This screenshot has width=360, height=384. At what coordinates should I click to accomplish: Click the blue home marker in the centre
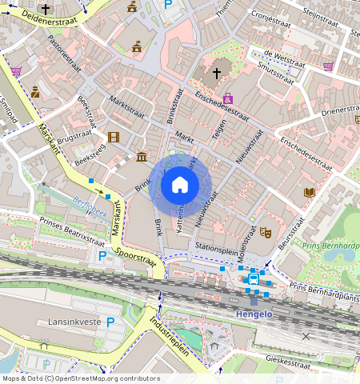point(180,185)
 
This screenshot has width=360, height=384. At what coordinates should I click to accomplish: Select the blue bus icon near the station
point(254,278)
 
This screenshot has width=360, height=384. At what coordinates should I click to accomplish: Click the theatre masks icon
point(266,232)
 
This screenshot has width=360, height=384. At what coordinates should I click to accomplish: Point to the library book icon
point(309,192)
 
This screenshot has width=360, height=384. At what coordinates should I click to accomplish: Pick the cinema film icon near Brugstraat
point(113,137)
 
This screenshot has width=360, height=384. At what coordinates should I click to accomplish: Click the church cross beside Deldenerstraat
point(46,10)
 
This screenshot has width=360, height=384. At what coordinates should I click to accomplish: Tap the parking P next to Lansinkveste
point(110,322)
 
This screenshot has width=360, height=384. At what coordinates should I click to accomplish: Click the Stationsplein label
point(215,247)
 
